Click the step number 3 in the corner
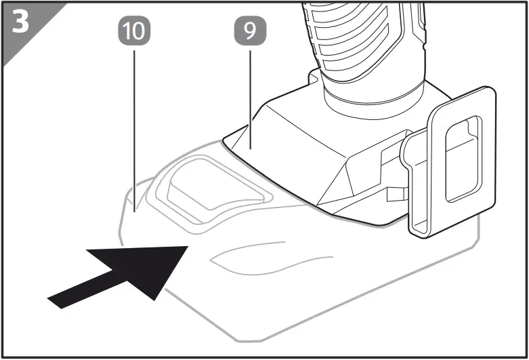(21, 22)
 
